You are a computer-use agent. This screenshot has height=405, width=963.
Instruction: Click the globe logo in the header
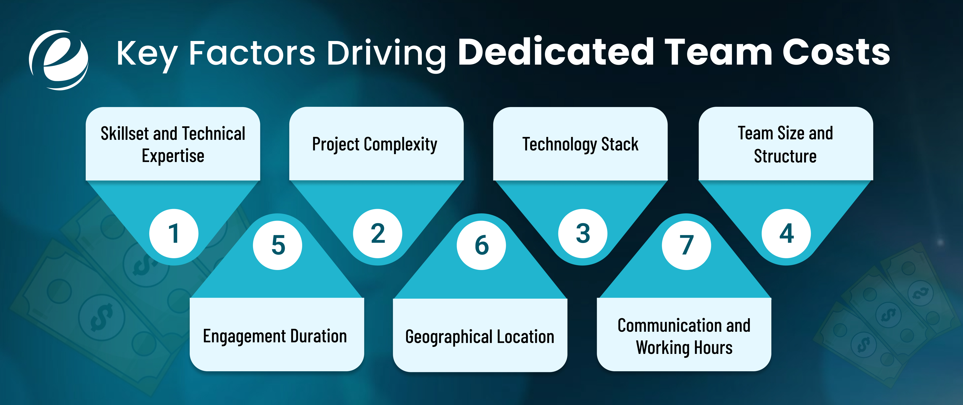pyautogui.click(x=59, y=60)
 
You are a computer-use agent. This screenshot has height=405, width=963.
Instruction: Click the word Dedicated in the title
pyautogui.click(x=556, y=52)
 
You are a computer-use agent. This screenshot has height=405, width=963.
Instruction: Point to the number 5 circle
pyautogui.click(x=277, y=245)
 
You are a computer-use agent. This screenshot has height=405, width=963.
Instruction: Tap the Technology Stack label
pyautogui.click(x=580, y=144)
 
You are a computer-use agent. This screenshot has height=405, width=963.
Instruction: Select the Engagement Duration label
pyautogui.click(x=275, y=336)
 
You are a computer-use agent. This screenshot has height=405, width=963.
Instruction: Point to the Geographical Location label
pyautogui.click(x=480, y=337)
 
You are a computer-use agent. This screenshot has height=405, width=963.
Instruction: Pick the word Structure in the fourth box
pyautogui.click(x=785, y=156)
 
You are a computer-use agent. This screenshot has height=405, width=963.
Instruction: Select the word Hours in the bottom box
pyautogui.click(x=713, y=348)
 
